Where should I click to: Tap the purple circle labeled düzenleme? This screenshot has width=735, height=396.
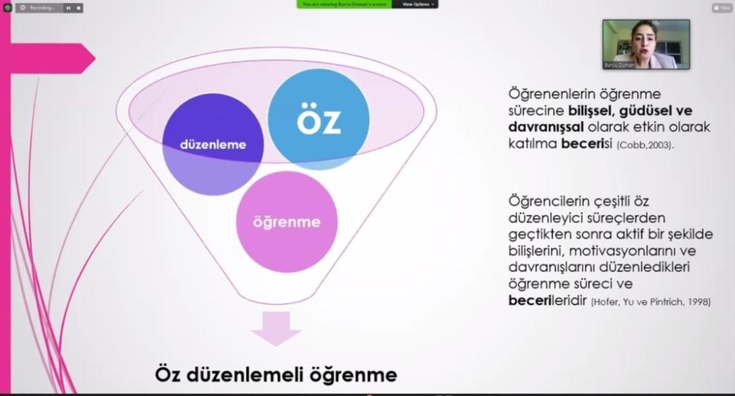tap(213, 145)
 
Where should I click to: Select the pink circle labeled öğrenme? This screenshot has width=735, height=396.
tap(287, 221)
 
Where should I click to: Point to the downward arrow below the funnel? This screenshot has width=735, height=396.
tap(276, 328)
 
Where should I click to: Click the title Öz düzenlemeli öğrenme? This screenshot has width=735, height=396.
tap(276, 373)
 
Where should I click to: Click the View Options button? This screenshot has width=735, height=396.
tap(419, 4)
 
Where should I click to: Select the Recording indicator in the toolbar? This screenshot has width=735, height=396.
tap(42, 8)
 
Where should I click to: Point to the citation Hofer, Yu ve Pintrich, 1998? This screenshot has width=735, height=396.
tap(650, 302)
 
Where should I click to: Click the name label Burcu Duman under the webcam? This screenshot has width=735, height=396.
tap(618, 64)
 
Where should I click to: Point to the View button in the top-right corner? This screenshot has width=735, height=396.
tap(722, 8)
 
